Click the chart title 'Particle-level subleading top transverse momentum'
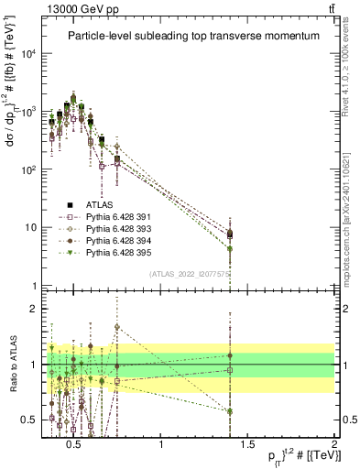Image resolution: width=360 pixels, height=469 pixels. coord(193,36)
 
